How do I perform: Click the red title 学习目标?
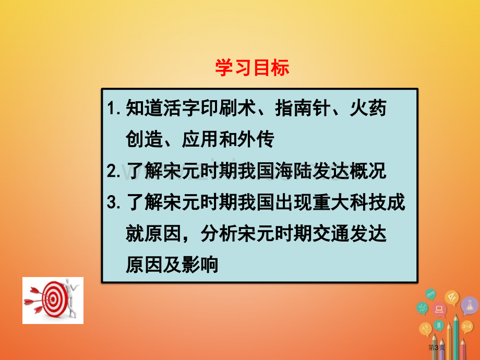coord(252,68)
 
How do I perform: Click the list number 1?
coord(114,108)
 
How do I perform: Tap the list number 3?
coord(114,202)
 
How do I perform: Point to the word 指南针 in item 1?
coord(303,108)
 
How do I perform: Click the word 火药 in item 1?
coord(368,108)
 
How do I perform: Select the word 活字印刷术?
coord(191,108)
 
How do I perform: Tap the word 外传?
coord(256,140)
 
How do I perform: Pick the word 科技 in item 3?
coord(368,202)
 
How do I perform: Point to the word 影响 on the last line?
coord(200,265)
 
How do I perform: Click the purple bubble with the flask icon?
coord(469,305)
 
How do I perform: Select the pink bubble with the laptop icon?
coord(439,309)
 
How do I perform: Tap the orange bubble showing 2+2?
coord(467,327)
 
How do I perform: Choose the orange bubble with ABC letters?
coord(425,329)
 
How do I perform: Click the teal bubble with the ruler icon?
coord(431,294)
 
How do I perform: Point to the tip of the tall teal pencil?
coord(456,315)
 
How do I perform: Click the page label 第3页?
coord(436,347)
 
